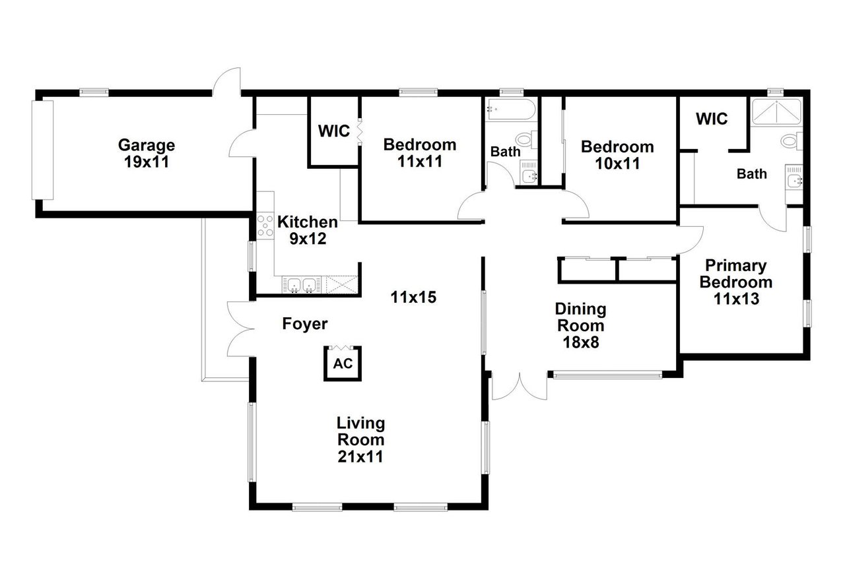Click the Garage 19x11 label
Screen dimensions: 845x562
(x=147, y=154)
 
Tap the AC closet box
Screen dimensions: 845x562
(x=343, y=363)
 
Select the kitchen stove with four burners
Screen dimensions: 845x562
(x=265, y=226)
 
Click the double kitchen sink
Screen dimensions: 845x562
(x=302, y=284)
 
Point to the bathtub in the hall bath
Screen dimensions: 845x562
(x=510, y=109)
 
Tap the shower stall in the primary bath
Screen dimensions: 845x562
(x=776, y=111)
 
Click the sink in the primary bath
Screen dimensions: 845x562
(x=794, y=181)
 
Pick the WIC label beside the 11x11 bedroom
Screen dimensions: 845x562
(x=334, y=131)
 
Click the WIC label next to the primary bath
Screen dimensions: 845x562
(x=712, y=119)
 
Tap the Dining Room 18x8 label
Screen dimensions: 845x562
(x=580, y=326)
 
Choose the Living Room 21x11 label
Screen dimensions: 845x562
(x=360, y=439)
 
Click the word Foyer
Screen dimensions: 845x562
(x=305, y=324)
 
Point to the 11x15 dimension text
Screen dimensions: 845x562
(x=413, y=297)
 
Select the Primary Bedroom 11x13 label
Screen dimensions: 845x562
(x=736, y=282)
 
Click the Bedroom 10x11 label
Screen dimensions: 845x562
(x=617, y=155)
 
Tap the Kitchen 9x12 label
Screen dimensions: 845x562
(x=308, y=230)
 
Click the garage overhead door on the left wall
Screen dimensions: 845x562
(x=42, y=150)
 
